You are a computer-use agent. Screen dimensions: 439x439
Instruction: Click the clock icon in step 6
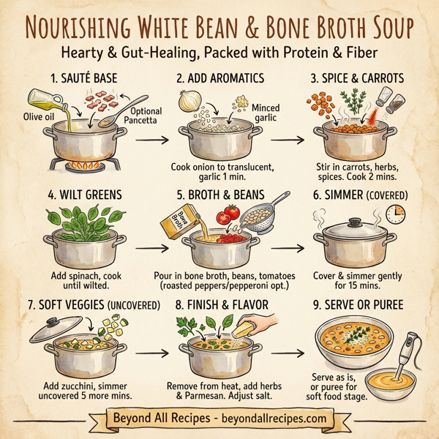coord(396,213)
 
